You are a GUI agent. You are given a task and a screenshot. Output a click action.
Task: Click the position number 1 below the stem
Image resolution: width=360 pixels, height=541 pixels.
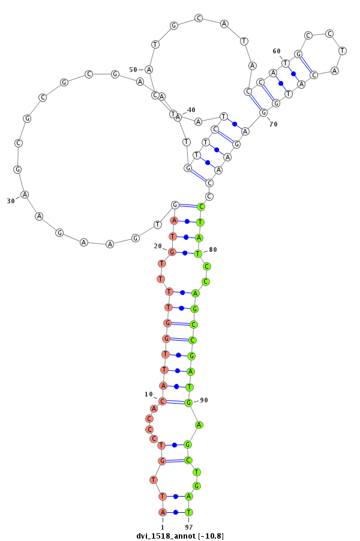pyautogui.click(x=163, y=527)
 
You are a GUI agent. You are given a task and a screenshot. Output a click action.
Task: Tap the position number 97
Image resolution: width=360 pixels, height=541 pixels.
pyautogui.click(x=189, y=527)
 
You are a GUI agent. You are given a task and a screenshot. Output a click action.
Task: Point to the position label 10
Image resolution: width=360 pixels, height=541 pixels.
pyautogui.click(x=148, y=394)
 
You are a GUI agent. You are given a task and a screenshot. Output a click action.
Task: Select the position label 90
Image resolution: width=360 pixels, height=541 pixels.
pyautogui.click(x=204, y=400)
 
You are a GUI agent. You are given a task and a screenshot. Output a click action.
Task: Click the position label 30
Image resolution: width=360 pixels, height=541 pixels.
pyautogui.click(x=11, y=201)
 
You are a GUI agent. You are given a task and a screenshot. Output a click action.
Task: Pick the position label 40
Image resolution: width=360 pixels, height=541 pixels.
pyautogui.click(x=191, y=110)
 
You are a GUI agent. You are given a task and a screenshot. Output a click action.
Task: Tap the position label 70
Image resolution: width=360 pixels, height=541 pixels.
pyautogui.click(x=274, y=124)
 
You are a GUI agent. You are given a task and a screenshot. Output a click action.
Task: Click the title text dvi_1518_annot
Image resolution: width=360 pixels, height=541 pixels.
pyautogui.click(x=166, y=536)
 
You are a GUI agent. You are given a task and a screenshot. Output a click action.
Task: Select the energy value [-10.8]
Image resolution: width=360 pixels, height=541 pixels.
pyautogui.click(x=211, y=536)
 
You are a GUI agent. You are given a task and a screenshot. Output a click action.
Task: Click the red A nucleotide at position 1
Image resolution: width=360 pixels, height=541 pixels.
pyautogui.click(x=163, y=512)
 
